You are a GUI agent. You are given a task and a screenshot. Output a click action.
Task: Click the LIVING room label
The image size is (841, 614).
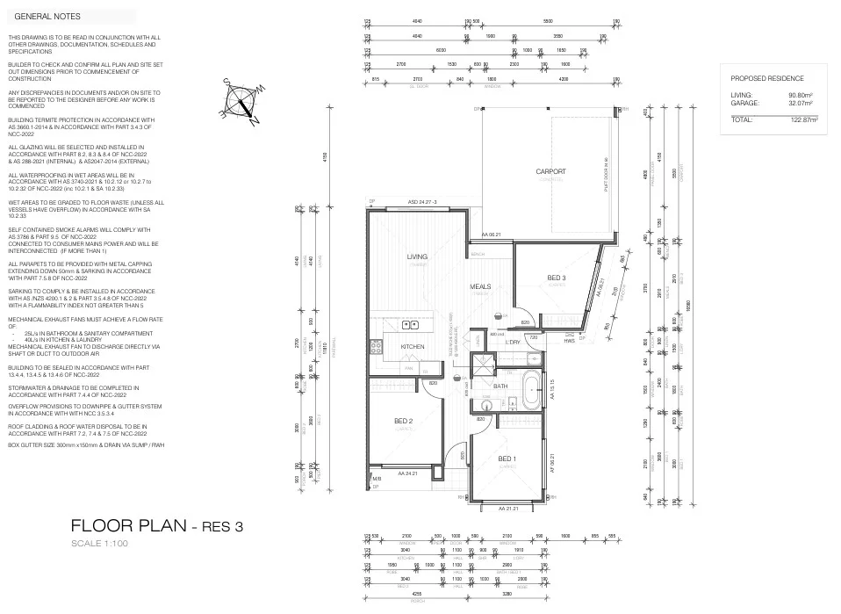(416, 256)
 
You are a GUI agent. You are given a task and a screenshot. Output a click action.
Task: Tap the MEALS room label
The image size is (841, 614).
(480, 286)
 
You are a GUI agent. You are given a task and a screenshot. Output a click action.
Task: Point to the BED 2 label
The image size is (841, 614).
(404, 422)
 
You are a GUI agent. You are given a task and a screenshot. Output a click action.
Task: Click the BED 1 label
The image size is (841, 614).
(507, 459)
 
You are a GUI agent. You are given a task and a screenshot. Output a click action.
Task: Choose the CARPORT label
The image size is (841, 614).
(550, 171)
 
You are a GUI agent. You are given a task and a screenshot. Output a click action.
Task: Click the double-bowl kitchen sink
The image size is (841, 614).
(410, 324)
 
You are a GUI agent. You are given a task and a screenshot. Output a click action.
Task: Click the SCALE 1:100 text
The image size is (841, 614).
(100, 545)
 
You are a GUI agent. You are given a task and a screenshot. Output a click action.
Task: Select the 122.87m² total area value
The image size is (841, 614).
(798, 119)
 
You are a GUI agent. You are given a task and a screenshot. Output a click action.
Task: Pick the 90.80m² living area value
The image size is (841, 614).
(800, 95)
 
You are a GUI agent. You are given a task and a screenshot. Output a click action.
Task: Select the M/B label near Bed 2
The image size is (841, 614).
(377, 479)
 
